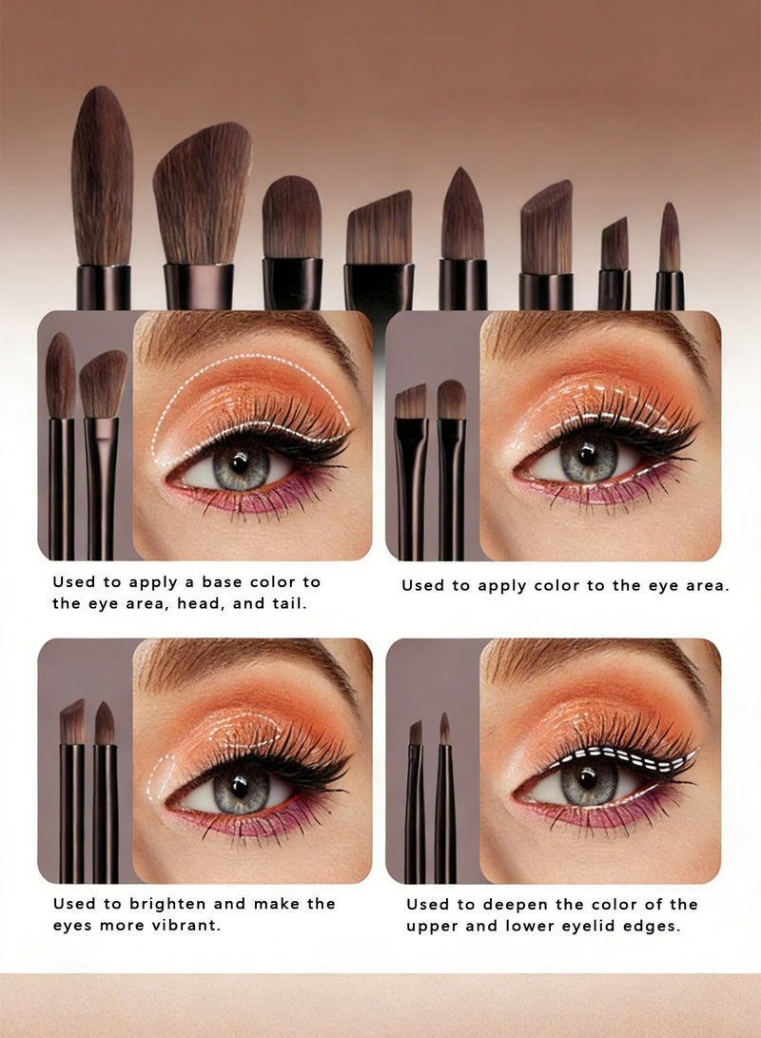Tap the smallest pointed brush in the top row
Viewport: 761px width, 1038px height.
coord(670,237)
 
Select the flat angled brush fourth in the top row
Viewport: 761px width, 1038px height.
coord(380,227)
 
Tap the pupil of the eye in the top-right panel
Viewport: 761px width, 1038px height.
coord(587,456)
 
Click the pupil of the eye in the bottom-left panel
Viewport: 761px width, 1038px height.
coord(241,786)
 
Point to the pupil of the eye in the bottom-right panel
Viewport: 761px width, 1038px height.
coord(587,781)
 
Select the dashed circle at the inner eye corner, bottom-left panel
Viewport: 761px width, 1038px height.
coord(159,775)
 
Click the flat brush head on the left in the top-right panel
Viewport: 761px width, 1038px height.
coord(411,401)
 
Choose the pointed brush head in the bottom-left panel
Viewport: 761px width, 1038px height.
coord(106,723)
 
